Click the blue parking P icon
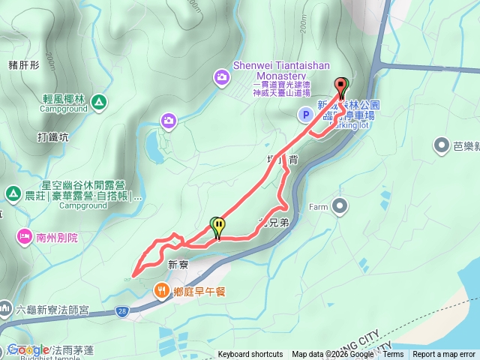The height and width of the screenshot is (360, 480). tap(305, 115)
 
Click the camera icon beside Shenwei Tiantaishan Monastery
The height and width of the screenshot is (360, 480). tap(222, 76)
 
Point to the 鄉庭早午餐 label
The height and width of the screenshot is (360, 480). tap(200, 292)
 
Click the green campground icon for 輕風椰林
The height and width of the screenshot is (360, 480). tap(100, 100)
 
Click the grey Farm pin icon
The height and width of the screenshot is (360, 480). tap(340, 205)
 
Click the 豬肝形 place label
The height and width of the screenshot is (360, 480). tap(24, 64)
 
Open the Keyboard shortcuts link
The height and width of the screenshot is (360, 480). tap(250, 355)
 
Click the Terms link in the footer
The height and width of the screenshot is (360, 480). tap(393, 355)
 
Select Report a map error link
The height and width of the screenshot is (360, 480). tap(444, 355)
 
